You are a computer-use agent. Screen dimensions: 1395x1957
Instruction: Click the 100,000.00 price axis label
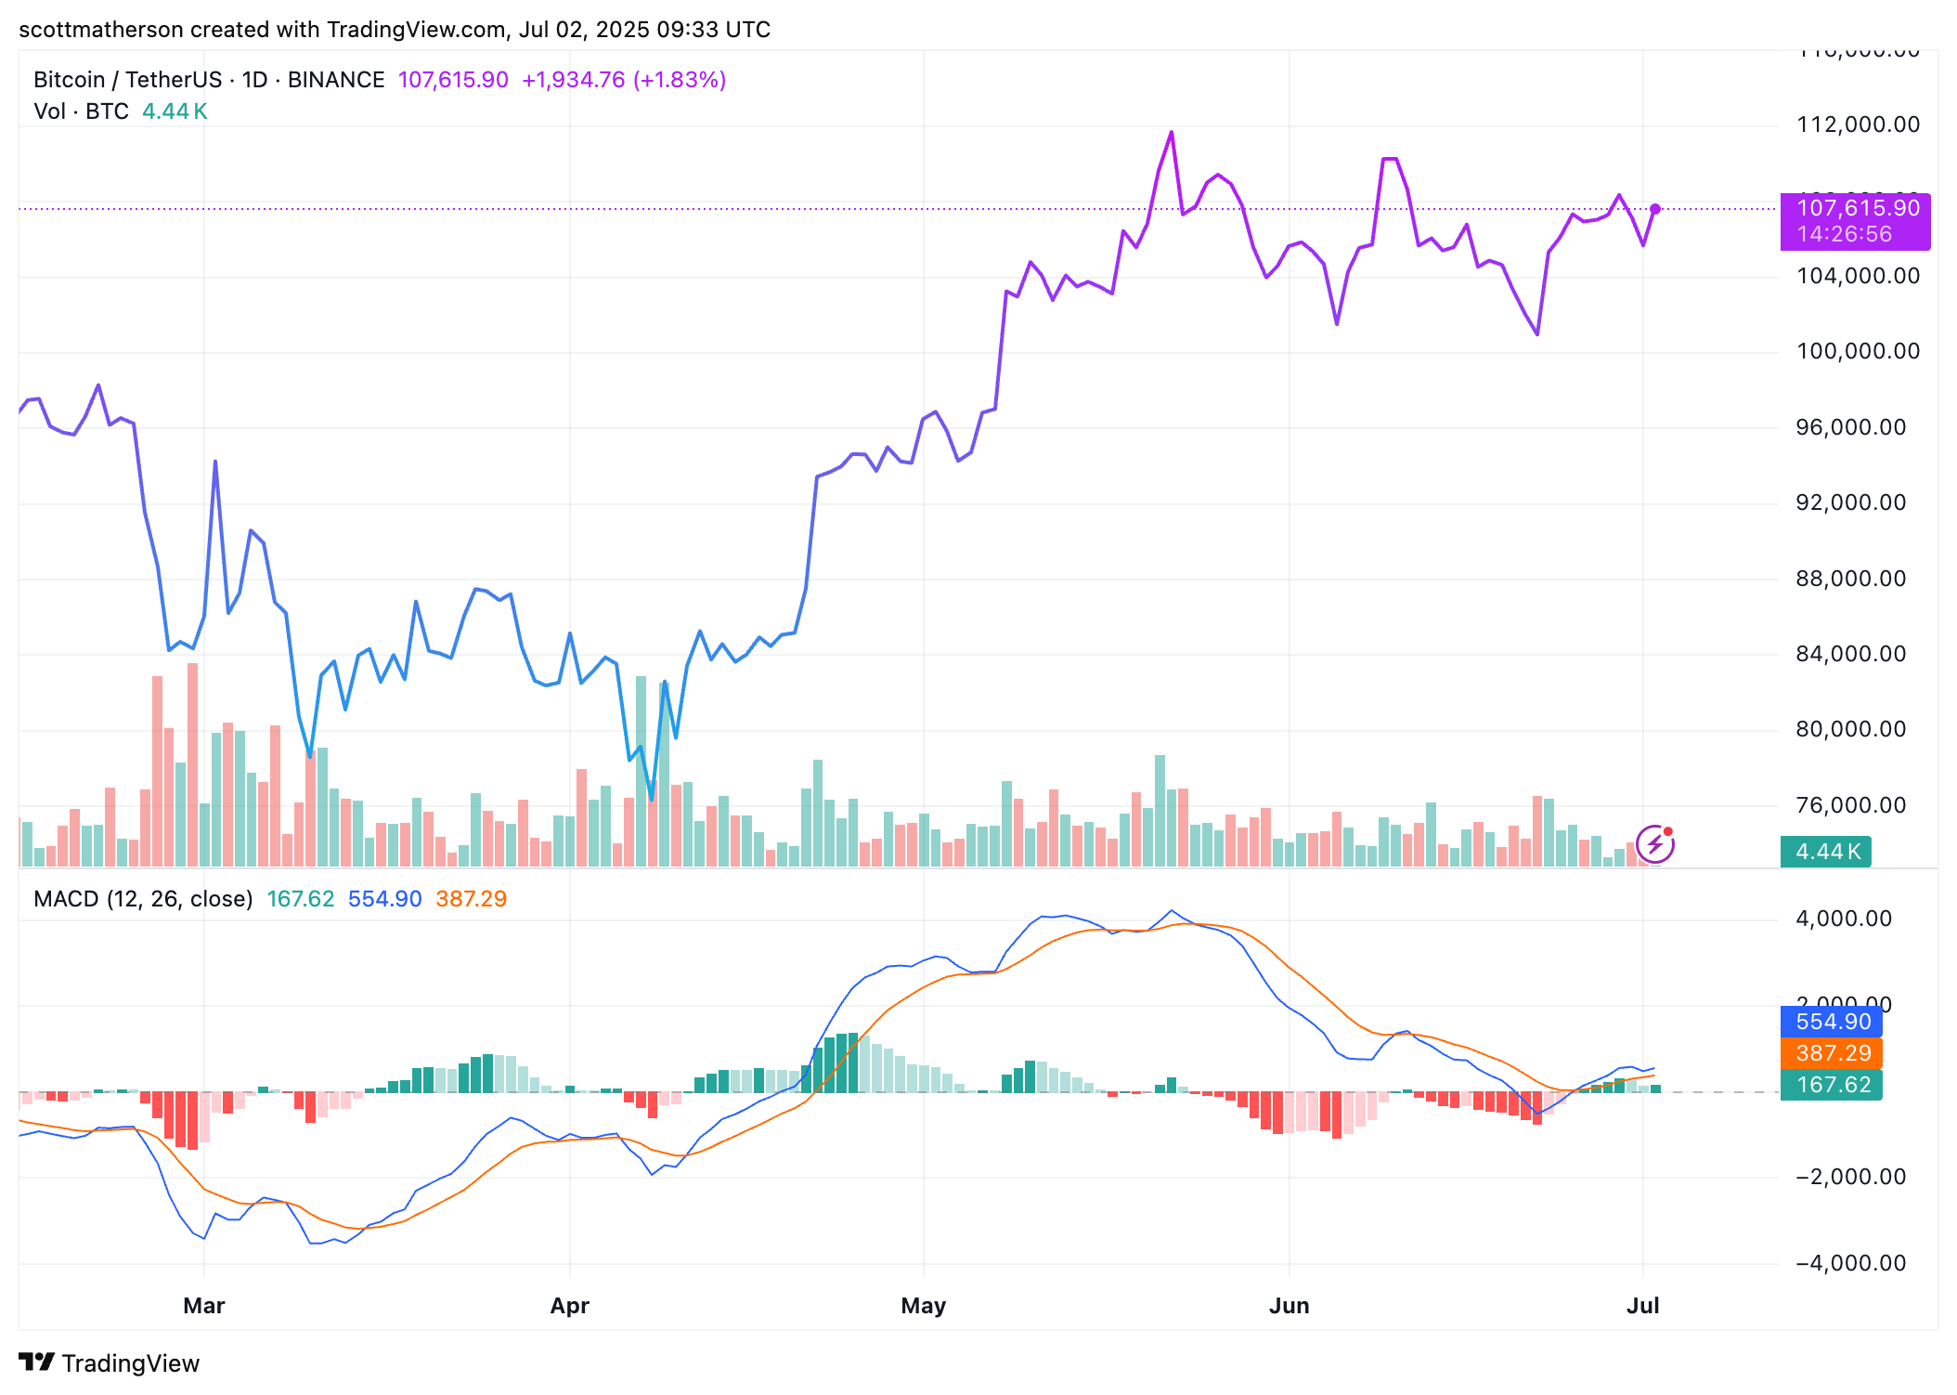pos(1857,351)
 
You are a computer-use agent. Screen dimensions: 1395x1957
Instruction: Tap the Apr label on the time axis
pos(569,1305)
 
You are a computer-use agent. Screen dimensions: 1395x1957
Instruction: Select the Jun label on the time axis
pos(1289,1305)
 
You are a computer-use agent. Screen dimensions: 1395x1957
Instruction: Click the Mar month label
pos(204,1305)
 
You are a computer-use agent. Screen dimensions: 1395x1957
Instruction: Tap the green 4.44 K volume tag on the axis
pos(1825,851)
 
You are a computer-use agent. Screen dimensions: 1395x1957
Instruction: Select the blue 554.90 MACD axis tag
pos(1831,1022)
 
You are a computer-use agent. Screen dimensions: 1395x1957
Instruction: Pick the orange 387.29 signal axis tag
pos(1831,1053)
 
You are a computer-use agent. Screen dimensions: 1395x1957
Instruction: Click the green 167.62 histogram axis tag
pos(1831,1085)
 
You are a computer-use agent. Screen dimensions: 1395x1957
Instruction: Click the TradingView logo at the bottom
pos(109,1362)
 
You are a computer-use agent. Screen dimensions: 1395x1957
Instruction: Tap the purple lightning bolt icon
pos(1654,844)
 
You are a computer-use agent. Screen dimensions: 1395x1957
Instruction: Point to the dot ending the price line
pos(1655,209)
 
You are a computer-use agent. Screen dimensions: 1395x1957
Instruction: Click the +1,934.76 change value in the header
pos(573,80)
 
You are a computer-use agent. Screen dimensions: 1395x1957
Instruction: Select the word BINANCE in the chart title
pos(336,80)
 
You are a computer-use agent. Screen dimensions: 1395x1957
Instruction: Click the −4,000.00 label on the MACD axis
pos(1850,1263)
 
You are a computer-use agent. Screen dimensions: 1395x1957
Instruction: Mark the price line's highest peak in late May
pos(1172,133)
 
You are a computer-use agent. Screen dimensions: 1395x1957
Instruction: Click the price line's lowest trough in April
pos(652,799)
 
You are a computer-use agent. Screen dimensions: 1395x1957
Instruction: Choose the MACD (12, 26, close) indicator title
pos(143,899)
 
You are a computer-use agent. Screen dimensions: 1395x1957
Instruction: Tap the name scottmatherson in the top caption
pos(100,30)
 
